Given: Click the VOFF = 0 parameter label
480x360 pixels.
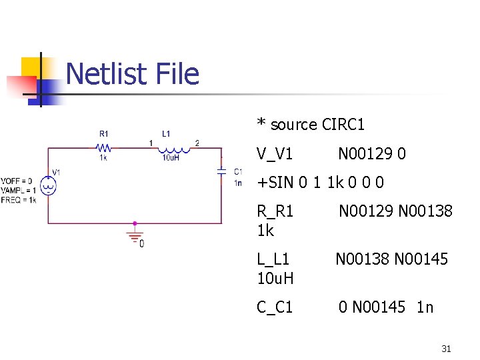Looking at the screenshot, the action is [16, 181].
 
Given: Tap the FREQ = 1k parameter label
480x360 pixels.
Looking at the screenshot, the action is [18, 199].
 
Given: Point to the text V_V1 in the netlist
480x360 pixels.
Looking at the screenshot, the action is [275, 154].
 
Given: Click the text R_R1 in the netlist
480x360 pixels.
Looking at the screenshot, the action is [275, 211].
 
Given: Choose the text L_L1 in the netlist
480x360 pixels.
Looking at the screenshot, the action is [273, 259].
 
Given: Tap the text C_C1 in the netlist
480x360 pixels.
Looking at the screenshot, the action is [275, 307].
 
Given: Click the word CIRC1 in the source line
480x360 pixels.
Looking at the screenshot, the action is [343, 125].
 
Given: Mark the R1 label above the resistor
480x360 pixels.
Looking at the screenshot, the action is [104, 133].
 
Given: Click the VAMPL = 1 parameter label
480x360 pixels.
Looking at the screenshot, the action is [18, 191].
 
